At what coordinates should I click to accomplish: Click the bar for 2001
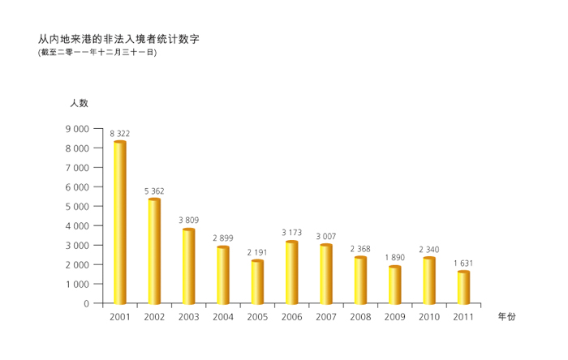pyautogui.click(x=119, y=222)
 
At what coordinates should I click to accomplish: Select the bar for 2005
pyautogui.click(x=257, y=282)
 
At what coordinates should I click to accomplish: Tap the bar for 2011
pyautogui.click(x=463, y=288)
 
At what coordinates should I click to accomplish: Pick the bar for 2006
pyautogui.click(x=291, y=272)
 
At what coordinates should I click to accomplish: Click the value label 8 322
pyautogui.click(x=119, y=133)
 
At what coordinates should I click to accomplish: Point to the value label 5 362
pyautogui.click(x=154, y=191)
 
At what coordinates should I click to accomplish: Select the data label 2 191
pyautogui.click(x=257, y=252)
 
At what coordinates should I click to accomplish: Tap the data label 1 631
pyautogui.click(x=463, y=263)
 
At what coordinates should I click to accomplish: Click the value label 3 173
pyautogui.click(x=291, y=233)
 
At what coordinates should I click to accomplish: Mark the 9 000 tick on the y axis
pyautogui.click(x=77, y=129)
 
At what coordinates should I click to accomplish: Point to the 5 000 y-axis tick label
pyautogui.click(x=77, y=207)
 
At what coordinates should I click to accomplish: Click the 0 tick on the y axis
pyautogui.click(x=86, y=304)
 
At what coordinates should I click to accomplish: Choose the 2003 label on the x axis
pyautogui.click(x=188, y=317)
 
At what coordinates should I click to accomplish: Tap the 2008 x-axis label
pyautogui.click(x=360, y=317)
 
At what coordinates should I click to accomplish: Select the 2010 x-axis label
pyautogui.click(x=429, y=317)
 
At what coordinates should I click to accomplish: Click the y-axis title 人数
pyautogui.click(x=79, y=103)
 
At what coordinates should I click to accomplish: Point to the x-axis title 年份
pyautogui.click(x=506, y=317)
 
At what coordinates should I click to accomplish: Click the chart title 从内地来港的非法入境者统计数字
pyautogui.click(x=118, y=38)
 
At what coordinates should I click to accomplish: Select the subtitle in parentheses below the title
pyautogui.click(x=97, y=52)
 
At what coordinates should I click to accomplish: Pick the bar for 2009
pyautogui.click(x=394, y=285)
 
